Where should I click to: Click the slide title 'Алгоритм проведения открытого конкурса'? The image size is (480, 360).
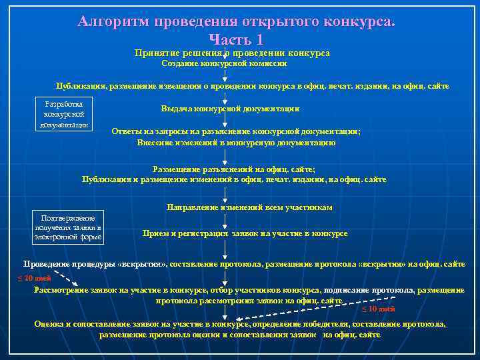point(236,21)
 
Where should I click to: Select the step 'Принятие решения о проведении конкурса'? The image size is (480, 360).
point(232,53)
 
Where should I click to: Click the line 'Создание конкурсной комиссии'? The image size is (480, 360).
point(224,64)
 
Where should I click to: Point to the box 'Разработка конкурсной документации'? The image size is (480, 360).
point(63,115)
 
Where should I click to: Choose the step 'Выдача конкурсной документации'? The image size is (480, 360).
point(229,109)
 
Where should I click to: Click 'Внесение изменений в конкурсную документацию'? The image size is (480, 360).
point(236,143)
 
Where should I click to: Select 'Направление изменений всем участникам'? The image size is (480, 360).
point(249,207)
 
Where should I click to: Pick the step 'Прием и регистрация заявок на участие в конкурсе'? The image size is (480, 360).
point(245,233)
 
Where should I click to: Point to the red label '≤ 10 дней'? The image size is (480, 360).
point(378,309)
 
